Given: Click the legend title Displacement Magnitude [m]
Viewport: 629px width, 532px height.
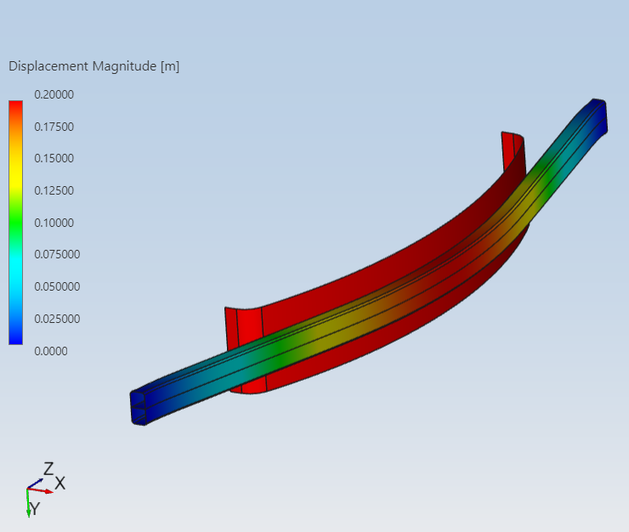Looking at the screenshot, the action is [93, 66].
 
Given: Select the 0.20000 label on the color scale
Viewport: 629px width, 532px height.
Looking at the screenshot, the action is [54, 94].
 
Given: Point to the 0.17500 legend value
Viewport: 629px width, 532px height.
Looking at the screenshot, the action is [54, 127].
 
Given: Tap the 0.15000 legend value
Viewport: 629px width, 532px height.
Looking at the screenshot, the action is [54, 158].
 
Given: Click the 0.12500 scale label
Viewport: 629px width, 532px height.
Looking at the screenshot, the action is [54, 190].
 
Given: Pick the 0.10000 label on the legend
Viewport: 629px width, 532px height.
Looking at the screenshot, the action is [54, 223].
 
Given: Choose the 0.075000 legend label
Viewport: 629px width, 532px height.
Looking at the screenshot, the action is [57, 254].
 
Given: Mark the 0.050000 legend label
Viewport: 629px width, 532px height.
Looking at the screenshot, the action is [57, 286].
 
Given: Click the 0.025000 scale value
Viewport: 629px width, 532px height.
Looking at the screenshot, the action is [57, 319].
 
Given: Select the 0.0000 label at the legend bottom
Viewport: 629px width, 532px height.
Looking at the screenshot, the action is [51, 351].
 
